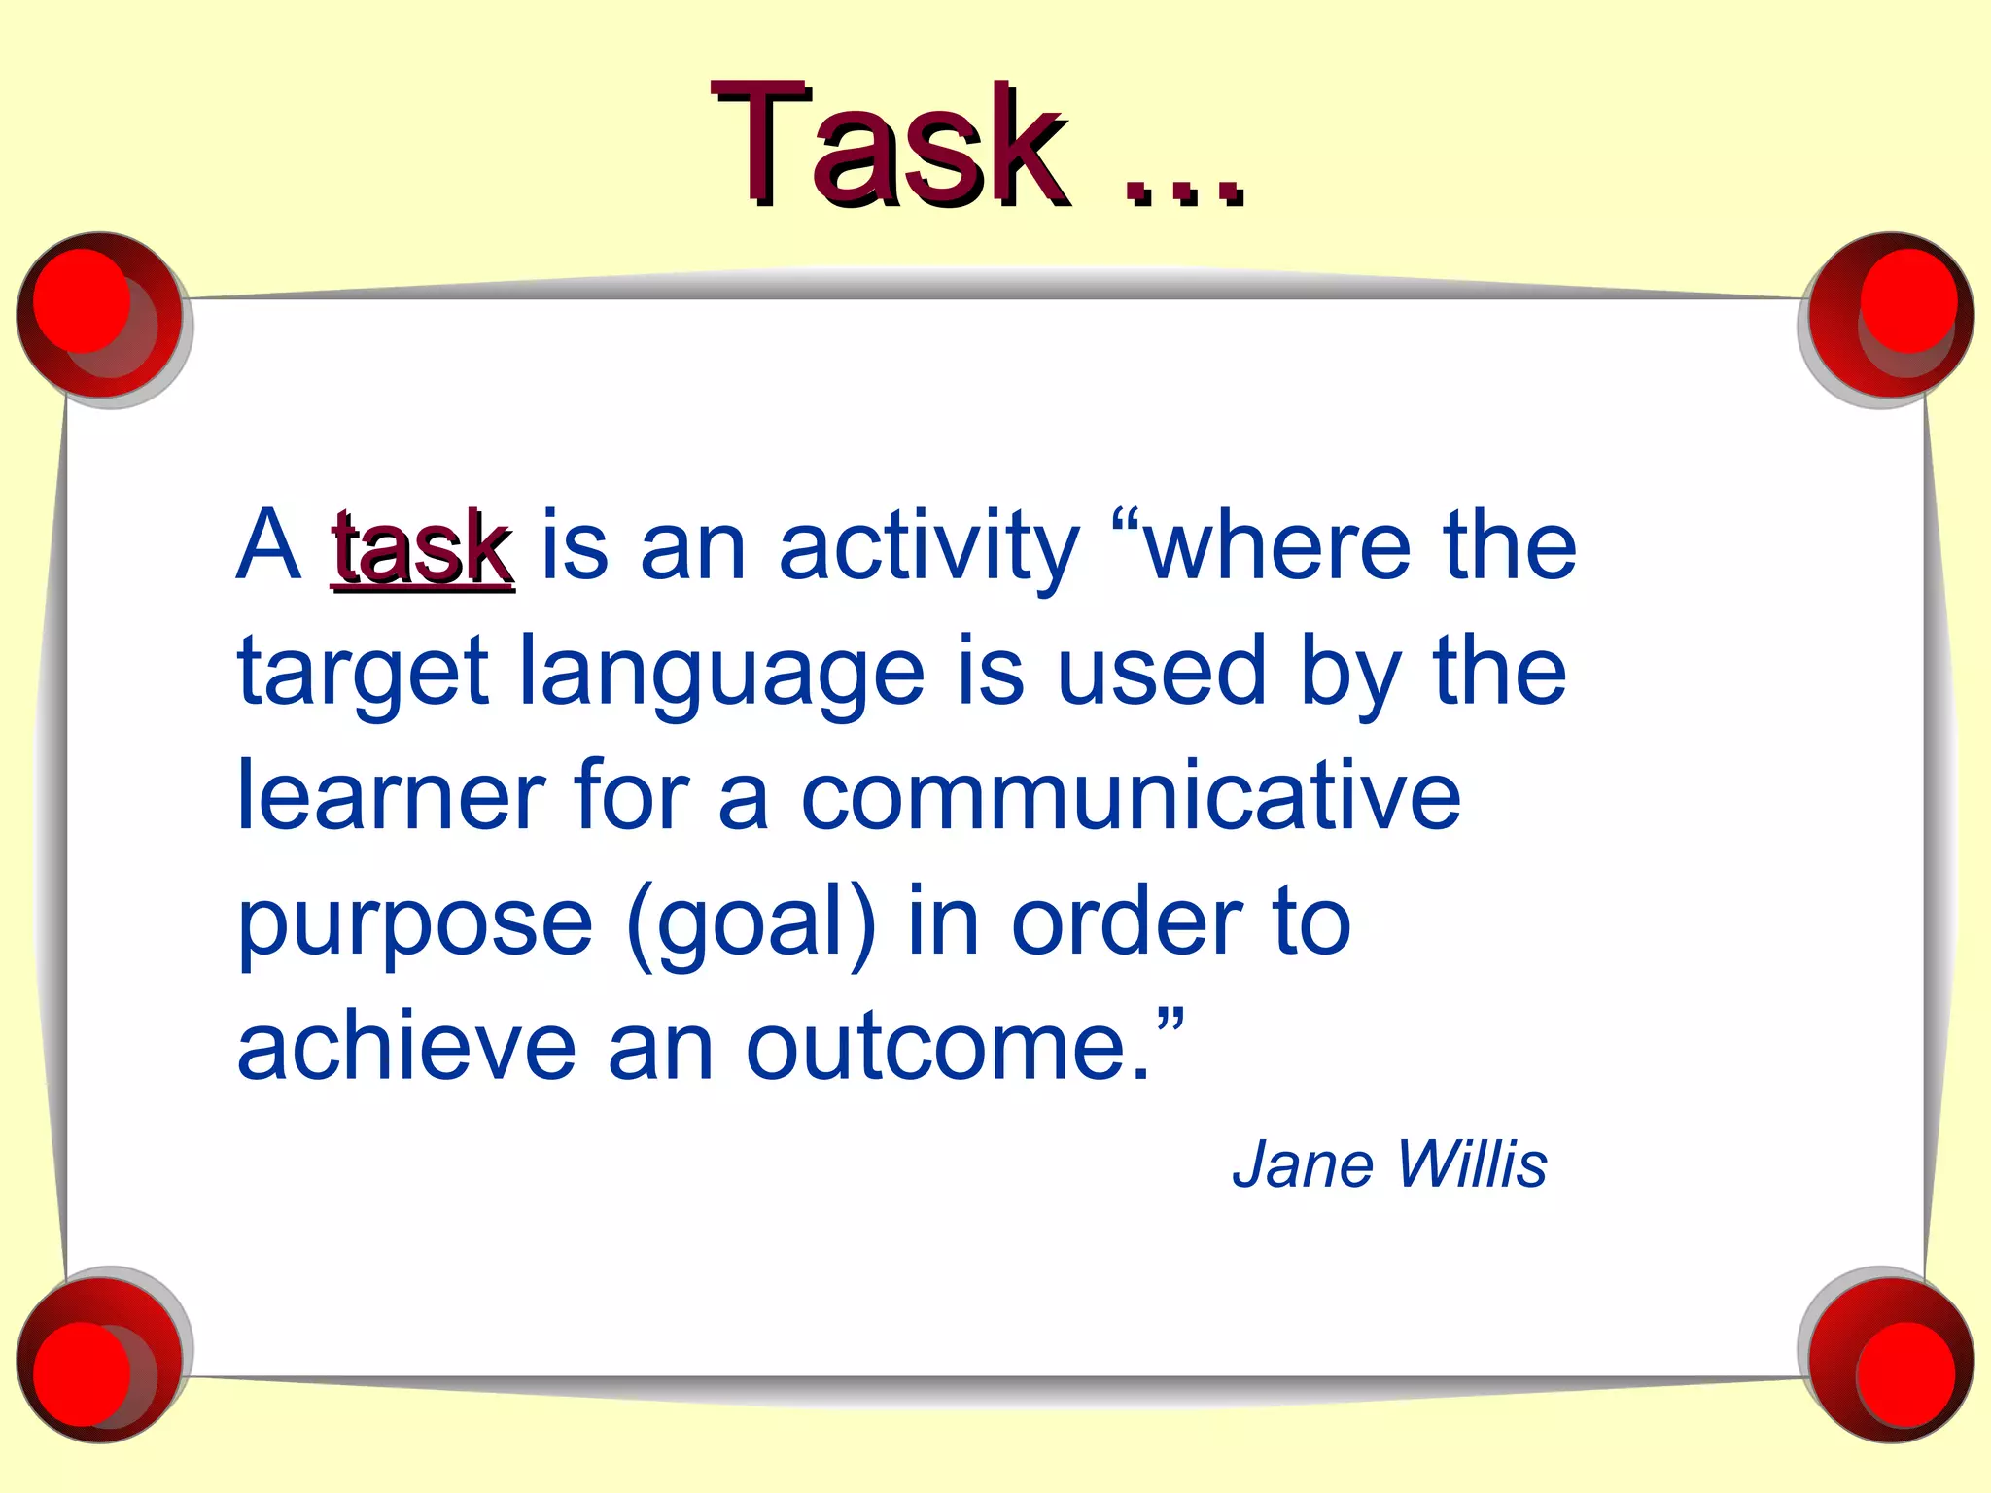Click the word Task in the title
[x=890, y=146]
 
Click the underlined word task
[x=422, y=549]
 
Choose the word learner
[x=391, y=797]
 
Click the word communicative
[x=1130, y=797]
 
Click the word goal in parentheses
[x=751, y=923]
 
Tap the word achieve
[x=407, y=1048]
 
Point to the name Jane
[x=1303, y=1164]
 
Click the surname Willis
[x=1472, y=1164]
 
